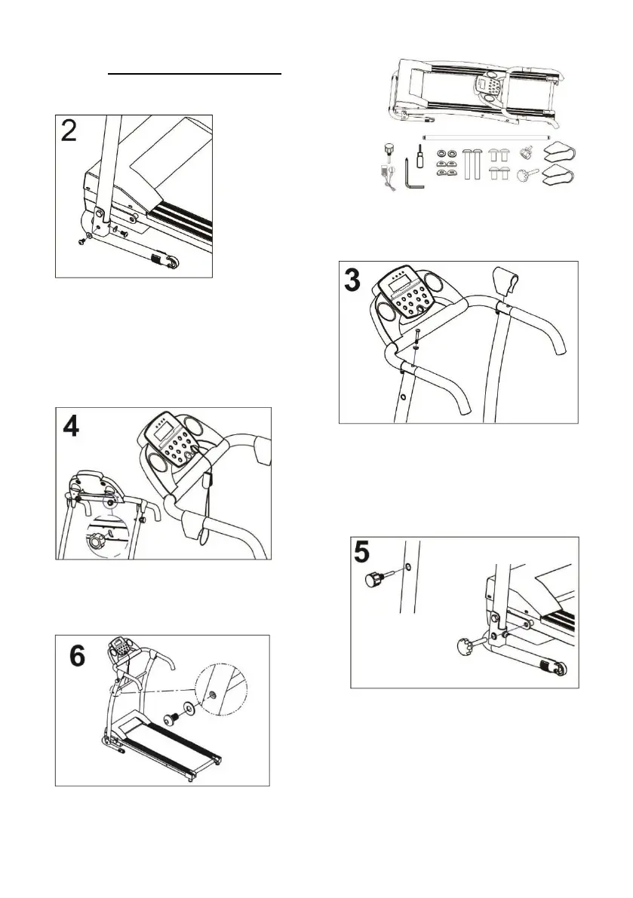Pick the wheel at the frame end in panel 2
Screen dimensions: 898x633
tap(174, 263)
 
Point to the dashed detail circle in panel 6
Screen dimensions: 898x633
tap(220, 690)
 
